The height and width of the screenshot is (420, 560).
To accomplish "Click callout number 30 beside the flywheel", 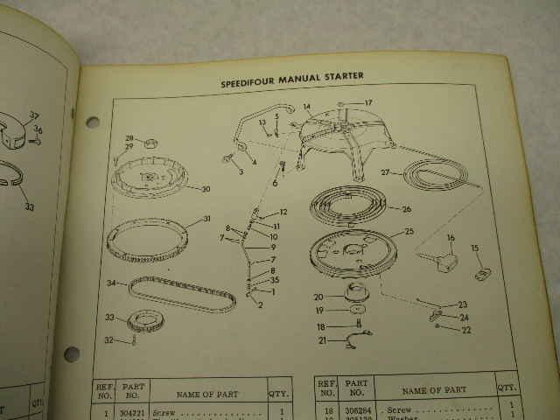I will tap(205, 189).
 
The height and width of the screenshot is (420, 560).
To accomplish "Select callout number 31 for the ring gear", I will tap(206, 219).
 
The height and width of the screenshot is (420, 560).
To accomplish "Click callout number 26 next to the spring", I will tap(405, 209).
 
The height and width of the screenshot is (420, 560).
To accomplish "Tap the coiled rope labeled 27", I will tap(437, 179).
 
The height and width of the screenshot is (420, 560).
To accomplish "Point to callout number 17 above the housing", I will tap(367, 102).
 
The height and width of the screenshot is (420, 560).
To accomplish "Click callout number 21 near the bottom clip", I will tap(322, 340).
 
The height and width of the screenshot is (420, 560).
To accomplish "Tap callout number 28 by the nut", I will tap(129, 138).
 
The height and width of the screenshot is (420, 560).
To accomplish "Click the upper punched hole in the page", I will tap(93, 122).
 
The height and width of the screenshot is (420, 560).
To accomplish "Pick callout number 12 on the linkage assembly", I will tap(283, 213).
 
